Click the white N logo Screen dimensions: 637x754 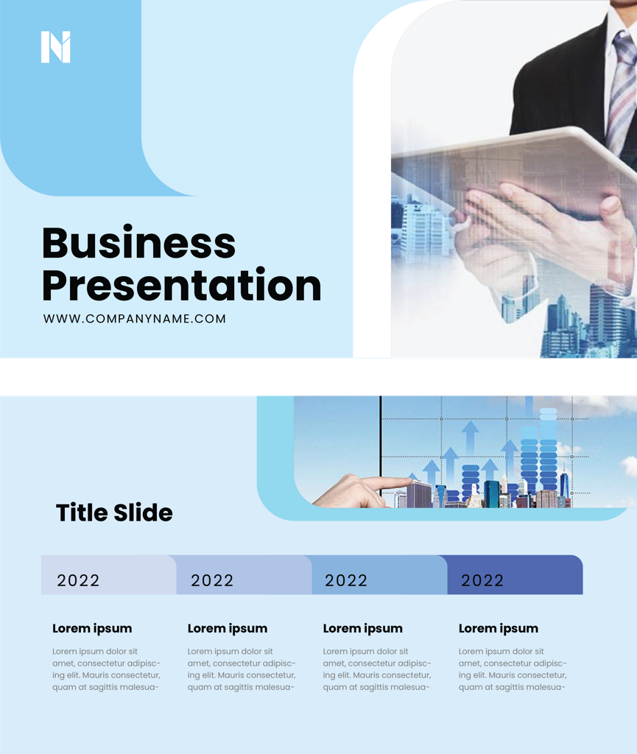tap(56, 47)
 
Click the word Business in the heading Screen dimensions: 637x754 tap(138, 243)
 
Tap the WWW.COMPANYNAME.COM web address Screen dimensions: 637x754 tap(135, 319)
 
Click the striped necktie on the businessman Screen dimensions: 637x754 tap(622, 91)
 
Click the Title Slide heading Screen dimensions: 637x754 tap(114, 512)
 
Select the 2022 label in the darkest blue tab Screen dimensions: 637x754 tap(482, 580)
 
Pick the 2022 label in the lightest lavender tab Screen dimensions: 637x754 tap(78, 580)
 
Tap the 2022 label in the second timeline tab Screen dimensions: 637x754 tap(212, 580)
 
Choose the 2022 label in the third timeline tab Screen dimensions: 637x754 tap(346, 580)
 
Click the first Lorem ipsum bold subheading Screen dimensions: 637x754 tap(92, 629)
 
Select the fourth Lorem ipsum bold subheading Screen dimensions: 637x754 tap(498, 629)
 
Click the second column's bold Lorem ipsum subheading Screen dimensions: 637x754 tap(228, 629)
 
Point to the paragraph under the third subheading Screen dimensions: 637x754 tap(377, 669)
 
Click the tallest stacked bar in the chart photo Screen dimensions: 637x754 tap(549, 450)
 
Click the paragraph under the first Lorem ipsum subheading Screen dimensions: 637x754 tap(106, 669)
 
